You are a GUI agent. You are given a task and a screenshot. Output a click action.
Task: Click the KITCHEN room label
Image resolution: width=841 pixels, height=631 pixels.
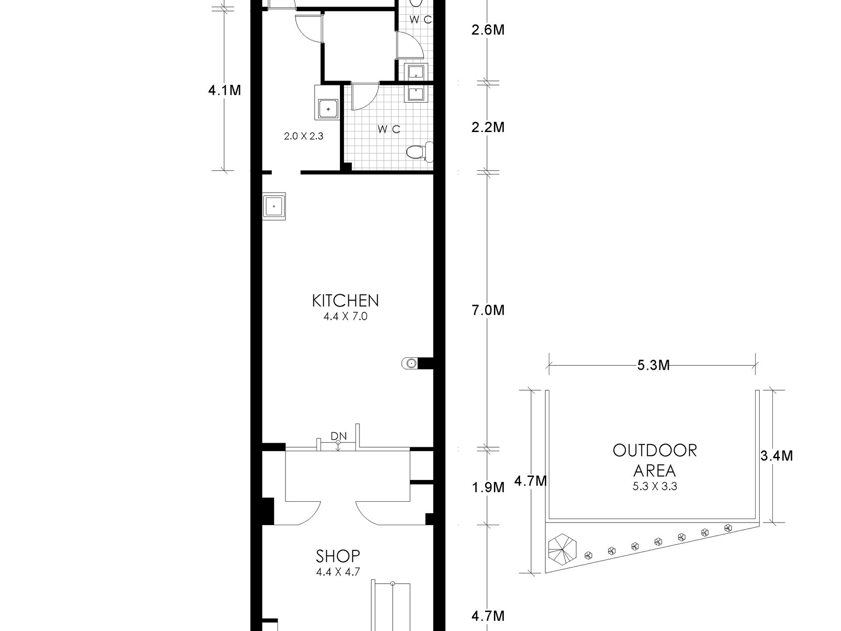[345, 301]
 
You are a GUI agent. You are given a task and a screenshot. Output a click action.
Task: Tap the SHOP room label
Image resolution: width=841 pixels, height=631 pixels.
[338, 556]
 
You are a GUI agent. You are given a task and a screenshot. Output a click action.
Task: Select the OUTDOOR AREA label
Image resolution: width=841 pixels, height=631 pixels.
[655, 460]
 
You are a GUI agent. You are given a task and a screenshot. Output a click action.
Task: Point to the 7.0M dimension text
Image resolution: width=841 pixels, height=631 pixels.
[488, 310]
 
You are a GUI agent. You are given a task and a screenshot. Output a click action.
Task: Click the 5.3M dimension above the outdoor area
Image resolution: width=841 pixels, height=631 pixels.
[653, 365]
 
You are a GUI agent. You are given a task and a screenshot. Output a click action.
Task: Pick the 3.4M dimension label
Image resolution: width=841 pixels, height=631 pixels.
[776, 455]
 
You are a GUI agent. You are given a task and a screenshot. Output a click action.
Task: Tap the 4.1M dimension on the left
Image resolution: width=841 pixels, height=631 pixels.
[224, 90]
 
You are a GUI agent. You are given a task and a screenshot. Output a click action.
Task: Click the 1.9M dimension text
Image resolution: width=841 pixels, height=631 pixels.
[488, 488]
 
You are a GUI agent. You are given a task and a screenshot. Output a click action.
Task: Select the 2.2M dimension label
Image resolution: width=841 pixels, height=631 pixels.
[488, 127]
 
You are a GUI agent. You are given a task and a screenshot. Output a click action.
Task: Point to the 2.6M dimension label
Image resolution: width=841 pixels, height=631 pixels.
[488, 30]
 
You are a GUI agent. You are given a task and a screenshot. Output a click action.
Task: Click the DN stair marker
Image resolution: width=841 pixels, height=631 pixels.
[339, 436]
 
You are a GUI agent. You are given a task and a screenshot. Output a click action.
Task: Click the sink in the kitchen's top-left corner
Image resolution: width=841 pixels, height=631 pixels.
[274, 206]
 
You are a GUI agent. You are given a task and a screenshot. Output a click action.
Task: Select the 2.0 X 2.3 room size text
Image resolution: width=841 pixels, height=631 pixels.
[304, 136]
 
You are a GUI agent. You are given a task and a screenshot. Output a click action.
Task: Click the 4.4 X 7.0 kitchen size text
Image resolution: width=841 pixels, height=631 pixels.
[346, 317]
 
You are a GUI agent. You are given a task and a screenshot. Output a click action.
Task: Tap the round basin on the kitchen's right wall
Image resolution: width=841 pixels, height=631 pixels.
[410, 364]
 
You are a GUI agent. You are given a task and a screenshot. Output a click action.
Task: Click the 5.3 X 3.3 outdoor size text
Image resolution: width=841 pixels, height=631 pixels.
[655, 487]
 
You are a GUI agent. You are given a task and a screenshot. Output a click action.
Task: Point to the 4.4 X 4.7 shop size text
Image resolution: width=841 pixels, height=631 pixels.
[338, 572]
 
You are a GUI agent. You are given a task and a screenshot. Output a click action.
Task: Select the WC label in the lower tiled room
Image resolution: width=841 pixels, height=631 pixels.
[389, 129]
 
